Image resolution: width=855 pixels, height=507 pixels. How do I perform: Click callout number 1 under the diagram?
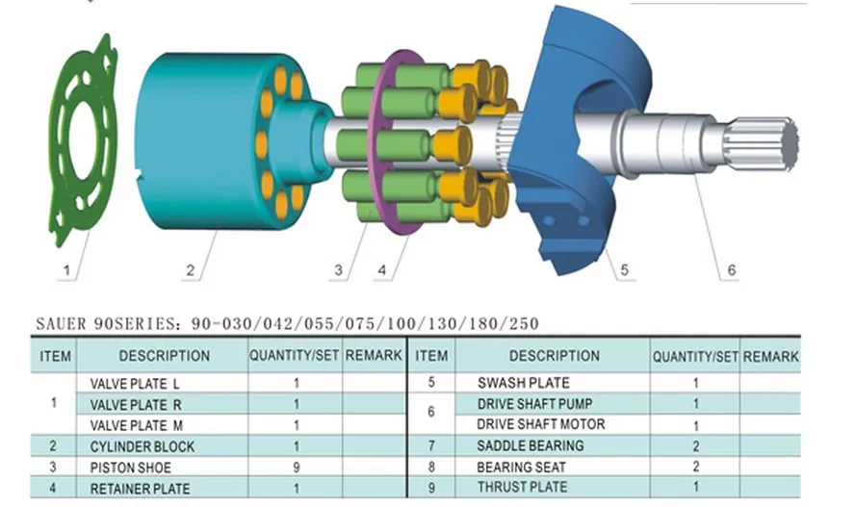pos(65,271)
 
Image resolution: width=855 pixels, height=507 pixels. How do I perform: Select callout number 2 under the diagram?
pos(190,271)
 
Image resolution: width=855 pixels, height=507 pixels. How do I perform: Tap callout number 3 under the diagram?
pos(338,271)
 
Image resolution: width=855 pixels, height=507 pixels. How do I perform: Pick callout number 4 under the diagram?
pos(381,271)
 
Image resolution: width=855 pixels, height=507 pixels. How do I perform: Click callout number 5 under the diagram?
pos(624,271)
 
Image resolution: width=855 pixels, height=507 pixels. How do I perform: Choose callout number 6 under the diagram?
pos(731,271)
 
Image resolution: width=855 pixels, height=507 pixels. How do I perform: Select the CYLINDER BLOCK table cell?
pos(142,446)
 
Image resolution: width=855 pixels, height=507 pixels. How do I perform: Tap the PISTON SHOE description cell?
pos(132,468)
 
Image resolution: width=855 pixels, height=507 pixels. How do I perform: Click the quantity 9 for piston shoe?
pos(295,468)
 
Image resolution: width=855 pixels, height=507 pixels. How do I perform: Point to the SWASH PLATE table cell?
pos(523,383)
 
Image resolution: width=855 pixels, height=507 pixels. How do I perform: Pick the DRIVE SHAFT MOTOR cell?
pos(541,424)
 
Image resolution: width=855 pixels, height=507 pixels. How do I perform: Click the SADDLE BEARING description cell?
pos(530,445)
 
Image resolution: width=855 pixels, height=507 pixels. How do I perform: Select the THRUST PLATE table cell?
pos(522,487)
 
